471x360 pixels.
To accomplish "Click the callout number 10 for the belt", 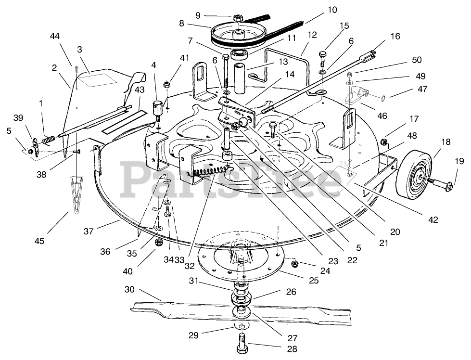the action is point(318,10).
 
